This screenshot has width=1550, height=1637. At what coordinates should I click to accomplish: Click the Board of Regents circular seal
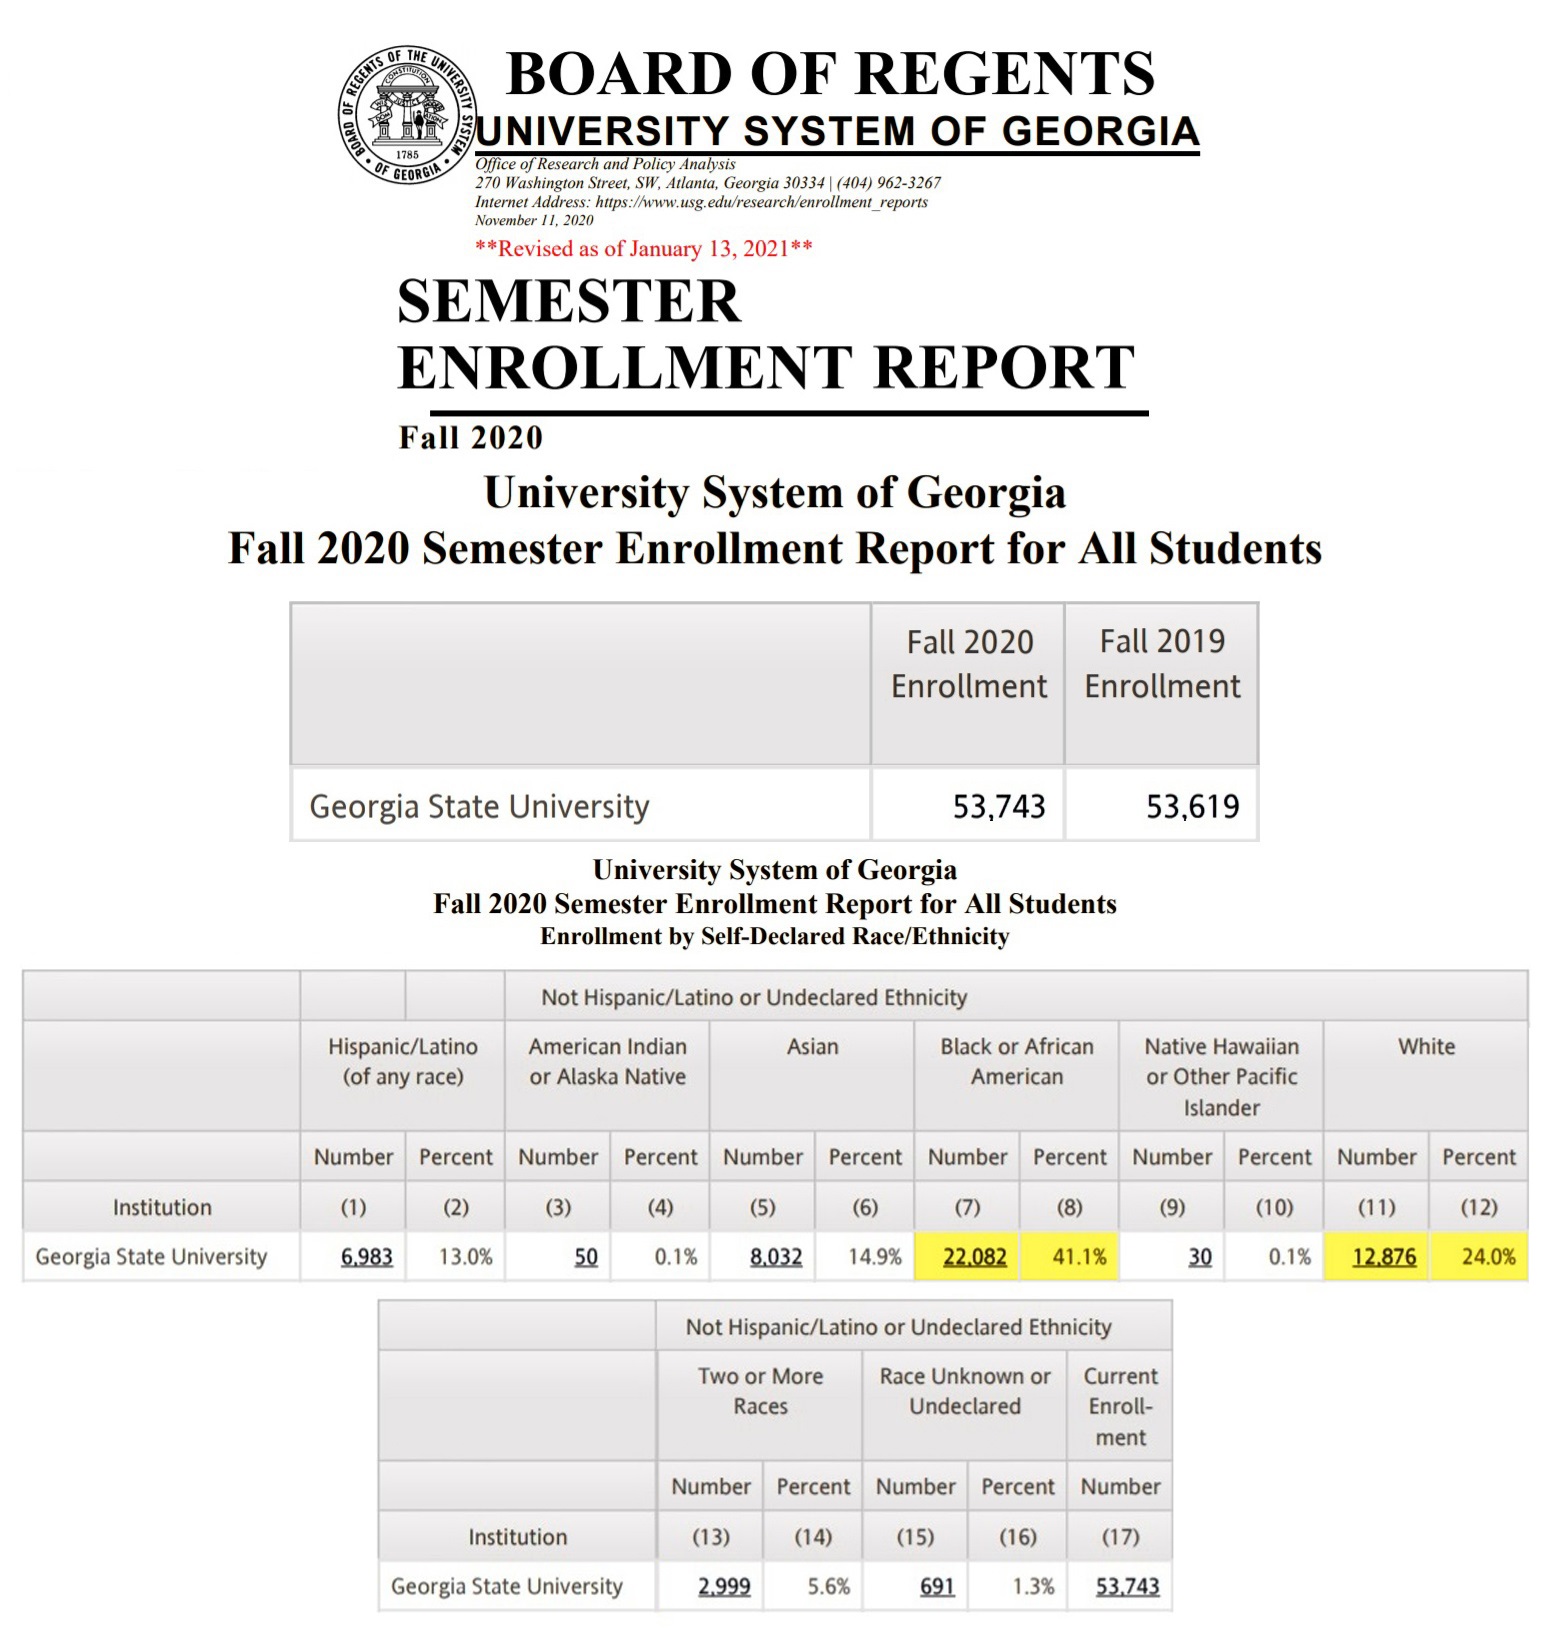pos(407,115)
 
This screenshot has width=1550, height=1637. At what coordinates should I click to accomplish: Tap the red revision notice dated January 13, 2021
pos(643,248)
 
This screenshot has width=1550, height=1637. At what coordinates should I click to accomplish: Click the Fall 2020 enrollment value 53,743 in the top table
pos(998,806)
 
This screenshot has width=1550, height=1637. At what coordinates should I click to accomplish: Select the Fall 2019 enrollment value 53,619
pos(1192,806)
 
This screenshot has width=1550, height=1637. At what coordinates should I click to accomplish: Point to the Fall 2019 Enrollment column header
pos(1162,664)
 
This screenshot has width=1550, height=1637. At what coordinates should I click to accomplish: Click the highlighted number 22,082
pos(974,1257)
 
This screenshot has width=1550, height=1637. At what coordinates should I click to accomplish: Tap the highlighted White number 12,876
pos(1384,1257)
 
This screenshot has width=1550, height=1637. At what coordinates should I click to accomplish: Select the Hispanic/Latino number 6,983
pos(366,1257)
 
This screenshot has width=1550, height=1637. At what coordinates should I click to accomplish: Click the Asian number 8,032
pos(776,1257)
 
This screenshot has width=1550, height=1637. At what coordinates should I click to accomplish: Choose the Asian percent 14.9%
pos(875,1257)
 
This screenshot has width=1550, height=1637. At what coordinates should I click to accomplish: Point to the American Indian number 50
pos(586,1257)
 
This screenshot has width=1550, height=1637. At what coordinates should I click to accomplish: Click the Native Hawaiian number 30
pos(1200,1257)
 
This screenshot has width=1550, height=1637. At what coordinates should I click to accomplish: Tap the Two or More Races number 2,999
pos(724,1586)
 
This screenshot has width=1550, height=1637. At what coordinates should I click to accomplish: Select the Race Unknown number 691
pos(937,1586)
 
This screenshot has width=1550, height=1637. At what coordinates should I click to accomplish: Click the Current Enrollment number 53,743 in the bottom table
pos(1127,1586)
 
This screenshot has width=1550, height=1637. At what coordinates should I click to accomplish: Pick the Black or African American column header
pos(1017,1061)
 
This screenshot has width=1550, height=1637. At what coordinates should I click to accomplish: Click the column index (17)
pos(1120,1536)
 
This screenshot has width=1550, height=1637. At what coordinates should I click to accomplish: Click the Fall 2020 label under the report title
pos(470,437)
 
